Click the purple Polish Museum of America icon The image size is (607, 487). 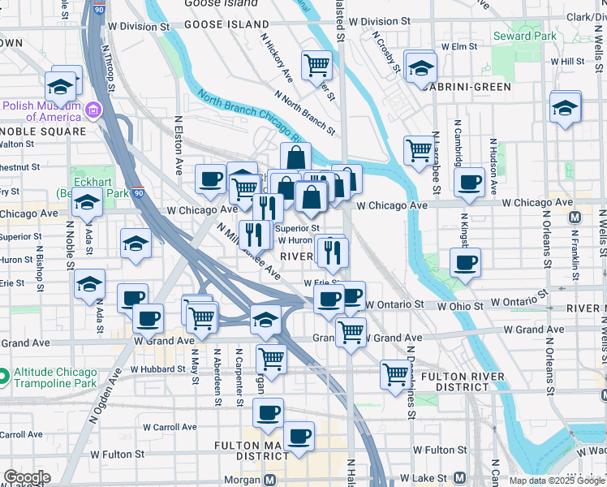tap(93, 110)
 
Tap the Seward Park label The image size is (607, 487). tap(524, 36)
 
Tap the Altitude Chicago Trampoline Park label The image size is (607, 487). tap(55, 377)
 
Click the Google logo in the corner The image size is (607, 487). tap(26, 477)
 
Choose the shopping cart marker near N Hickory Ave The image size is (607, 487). tap(316, 65)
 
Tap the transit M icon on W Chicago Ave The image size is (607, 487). tap(575, 217)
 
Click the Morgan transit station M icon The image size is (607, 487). tap(273, 479)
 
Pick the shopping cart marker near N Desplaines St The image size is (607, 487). tap(395, 374)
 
